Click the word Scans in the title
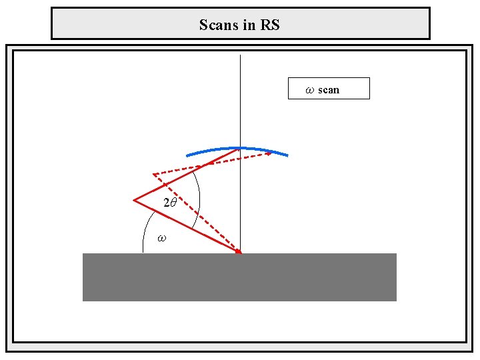point(217,25)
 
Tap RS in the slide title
point(270,25)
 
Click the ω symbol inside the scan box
point(309,89)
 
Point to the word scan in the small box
point(329,89)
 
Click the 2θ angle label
point(170,203)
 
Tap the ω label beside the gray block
point(161,237)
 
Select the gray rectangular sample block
point(239,277)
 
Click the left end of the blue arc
point(187,155)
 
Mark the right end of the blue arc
point(287,155)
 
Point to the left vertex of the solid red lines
point(134,199)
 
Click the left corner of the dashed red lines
point(154,175)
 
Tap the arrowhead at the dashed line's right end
point(269,154)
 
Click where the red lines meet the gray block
point(239,253)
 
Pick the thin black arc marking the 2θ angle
point(199,200)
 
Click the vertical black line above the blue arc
point(240,100)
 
